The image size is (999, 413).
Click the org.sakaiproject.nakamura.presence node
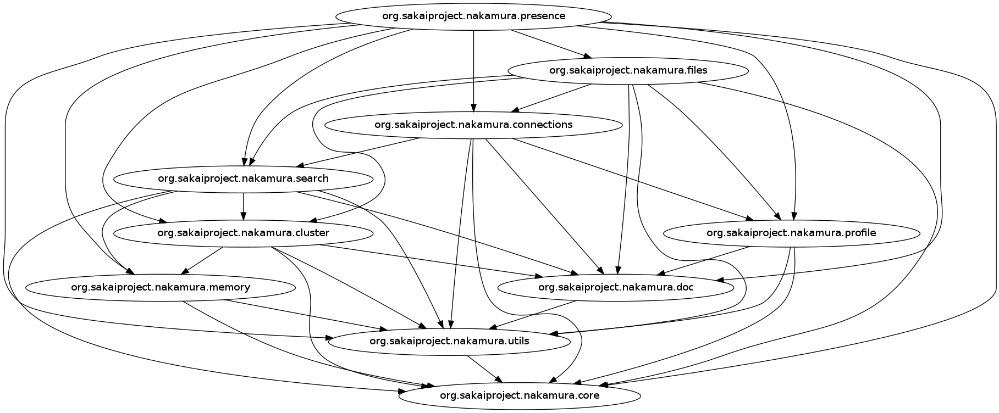click(x=473, y=16)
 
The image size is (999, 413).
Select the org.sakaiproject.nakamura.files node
click(x=628, y=70)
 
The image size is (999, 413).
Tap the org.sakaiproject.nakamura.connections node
click(x=473, y=125)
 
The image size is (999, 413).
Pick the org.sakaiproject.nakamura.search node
click(x=243, y=178)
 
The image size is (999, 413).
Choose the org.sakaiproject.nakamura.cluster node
click(x=243, y=233)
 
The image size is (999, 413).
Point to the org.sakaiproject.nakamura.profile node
click(x=791, y=233)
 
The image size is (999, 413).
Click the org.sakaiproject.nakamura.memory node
click(x=160, y=287)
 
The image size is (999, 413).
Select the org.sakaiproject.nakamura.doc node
click(x=615, y=287)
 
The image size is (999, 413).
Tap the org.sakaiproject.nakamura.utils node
click(x=449, y=341)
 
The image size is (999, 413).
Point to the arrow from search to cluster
click(x=243, y=206)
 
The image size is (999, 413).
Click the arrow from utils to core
click(x=484, y=368)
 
